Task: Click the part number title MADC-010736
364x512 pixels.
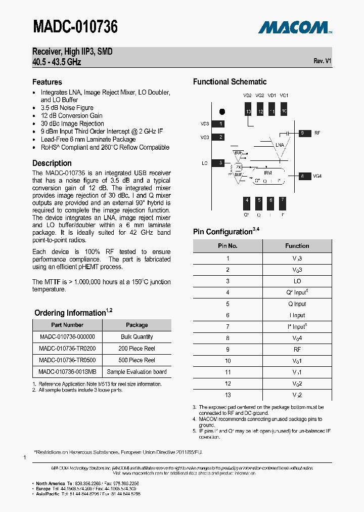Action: tap(75, 27)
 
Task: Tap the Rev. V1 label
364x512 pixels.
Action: tap(322, 61)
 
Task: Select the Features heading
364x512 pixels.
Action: tap(47, 82)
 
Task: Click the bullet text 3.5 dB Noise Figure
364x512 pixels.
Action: tap(67, 108)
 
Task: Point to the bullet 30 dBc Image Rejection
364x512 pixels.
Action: tap(72, 123)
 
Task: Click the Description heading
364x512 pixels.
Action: tap(52, 163)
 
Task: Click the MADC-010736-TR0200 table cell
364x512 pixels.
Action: tap(67, 349)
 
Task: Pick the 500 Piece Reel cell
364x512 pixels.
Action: tap(136, 360)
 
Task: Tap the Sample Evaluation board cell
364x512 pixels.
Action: tap(136, 372)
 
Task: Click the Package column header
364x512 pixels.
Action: tap(136, 325)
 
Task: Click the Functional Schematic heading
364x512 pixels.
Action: tap(230, 82)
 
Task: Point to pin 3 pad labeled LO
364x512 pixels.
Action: tap(218, 163)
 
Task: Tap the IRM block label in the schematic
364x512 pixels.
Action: tap(267, 173)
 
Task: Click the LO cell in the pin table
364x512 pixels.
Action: tap(297, 281)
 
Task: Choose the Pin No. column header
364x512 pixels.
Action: tap(227, 246)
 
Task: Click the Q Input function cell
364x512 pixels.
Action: tap(297, 304)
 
